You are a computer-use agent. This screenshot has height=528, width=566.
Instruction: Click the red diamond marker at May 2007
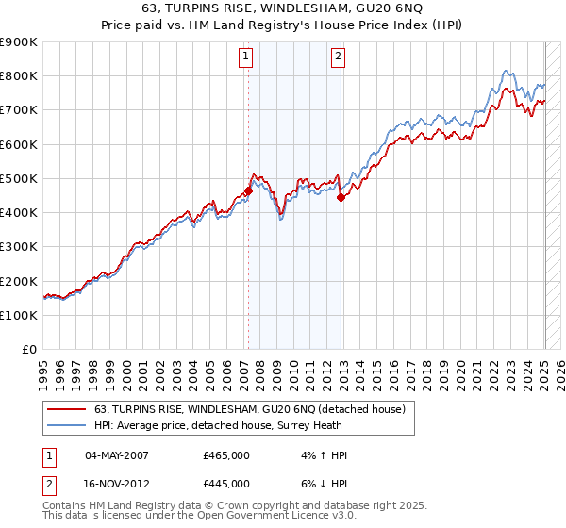248,190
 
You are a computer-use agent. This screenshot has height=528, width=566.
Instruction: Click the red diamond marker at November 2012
341,197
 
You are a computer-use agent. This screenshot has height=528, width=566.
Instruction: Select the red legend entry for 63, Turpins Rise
249,409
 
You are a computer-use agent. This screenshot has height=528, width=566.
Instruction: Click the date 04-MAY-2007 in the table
117,454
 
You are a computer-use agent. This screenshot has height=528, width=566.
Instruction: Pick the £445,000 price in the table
226,483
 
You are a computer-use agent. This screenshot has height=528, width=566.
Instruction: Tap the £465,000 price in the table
226,454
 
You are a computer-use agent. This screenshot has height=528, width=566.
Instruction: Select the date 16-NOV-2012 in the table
117,483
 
